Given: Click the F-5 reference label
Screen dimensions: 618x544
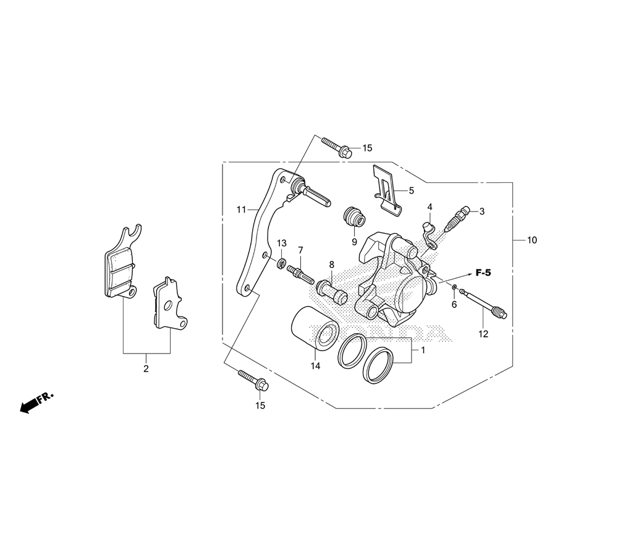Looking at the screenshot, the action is [483, 273].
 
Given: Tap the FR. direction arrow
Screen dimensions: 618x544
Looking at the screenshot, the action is [36, 403].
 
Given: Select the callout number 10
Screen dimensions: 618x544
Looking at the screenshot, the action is [531, 240].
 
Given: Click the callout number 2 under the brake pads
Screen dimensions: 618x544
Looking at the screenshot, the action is [146, 369].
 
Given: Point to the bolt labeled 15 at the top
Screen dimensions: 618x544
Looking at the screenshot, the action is [337, 147].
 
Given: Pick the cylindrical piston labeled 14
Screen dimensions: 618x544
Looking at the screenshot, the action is [315, 328].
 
